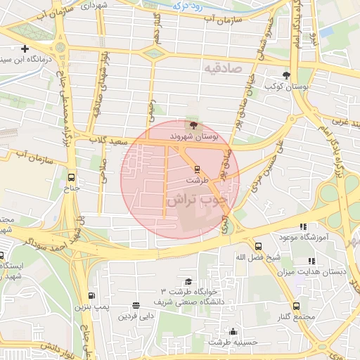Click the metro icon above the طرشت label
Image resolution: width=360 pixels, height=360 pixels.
click(x=197, y=169)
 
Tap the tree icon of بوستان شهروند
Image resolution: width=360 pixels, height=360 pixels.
click(x=193, y=124)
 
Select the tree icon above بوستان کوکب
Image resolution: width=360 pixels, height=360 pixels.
click(x=285, y=75)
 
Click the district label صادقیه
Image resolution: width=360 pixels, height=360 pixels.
click(x=223, y=68)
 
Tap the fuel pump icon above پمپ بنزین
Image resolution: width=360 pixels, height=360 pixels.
click(x=91, y=295)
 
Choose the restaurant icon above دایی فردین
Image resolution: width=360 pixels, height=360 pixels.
click(x=135, y=305)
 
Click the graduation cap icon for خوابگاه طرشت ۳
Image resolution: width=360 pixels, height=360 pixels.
click(x=188, y=281)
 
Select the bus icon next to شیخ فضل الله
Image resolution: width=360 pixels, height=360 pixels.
click(x=258, y=246)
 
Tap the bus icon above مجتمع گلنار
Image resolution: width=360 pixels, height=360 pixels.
click(x=296, y=307)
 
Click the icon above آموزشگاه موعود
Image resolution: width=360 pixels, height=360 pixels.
click(x=303, y=226)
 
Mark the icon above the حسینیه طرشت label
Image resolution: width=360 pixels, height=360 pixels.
click(x=233, y=331)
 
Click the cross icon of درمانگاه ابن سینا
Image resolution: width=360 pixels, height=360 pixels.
click(x=25, y=49)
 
